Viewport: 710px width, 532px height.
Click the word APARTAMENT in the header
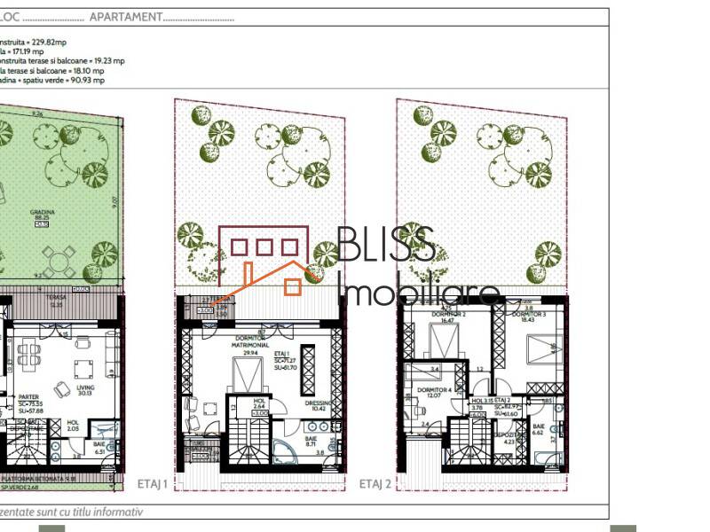pos(124,17)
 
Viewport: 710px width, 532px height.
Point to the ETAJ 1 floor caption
pos(154,483)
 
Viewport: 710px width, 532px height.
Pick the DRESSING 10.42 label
pos(317,406)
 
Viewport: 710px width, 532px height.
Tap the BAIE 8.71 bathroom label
pos(312,442)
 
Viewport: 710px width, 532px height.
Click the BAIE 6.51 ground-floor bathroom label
pos(99,448)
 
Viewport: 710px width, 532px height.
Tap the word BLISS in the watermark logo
pos(386,244)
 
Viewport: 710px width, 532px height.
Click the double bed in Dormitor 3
pos(543,355)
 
